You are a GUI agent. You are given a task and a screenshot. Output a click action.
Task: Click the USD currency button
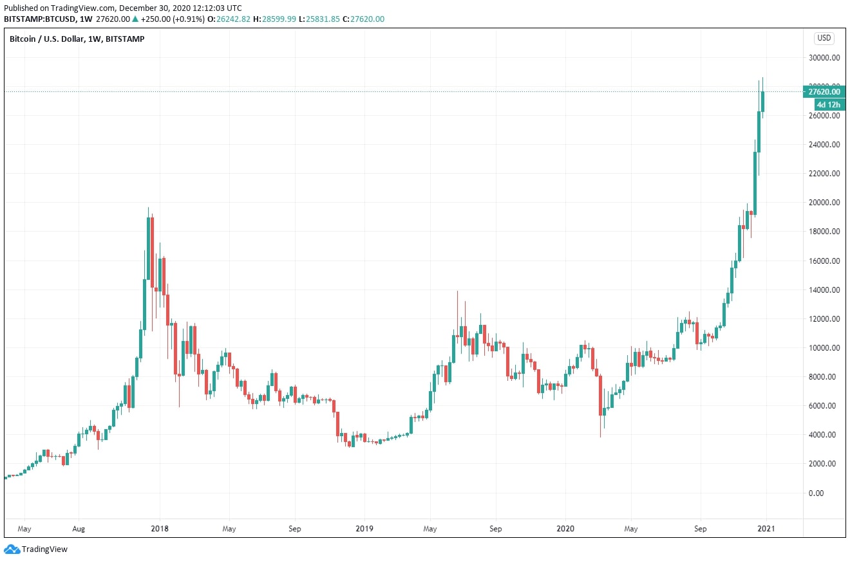point(824,39)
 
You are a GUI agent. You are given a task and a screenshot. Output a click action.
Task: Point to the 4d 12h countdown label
point(825,104)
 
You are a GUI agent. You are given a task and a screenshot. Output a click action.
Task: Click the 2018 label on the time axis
point(159,529)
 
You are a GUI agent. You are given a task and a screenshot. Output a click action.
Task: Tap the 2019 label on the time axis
point(364,529)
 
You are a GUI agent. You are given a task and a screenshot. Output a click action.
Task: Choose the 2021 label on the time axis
point(766,529)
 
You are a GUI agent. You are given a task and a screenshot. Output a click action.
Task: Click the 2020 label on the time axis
point(565,529)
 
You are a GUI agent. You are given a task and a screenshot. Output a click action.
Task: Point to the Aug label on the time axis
point(78,529)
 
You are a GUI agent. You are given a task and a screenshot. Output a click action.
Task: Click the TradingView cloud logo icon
point(12,549)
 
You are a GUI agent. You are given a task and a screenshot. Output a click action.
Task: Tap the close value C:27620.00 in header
point(364,19)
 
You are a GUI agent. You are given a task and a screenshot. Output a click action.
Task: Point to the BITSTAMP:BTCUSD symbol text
point(39,19)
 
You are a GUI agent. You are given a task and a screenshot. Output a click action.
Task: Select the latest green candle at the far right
point(762,102)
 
